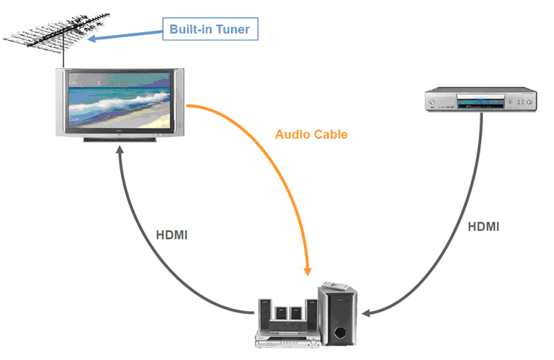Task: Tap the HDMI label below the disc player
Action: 484,226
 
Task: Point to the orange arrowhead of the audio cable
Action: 309,271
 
